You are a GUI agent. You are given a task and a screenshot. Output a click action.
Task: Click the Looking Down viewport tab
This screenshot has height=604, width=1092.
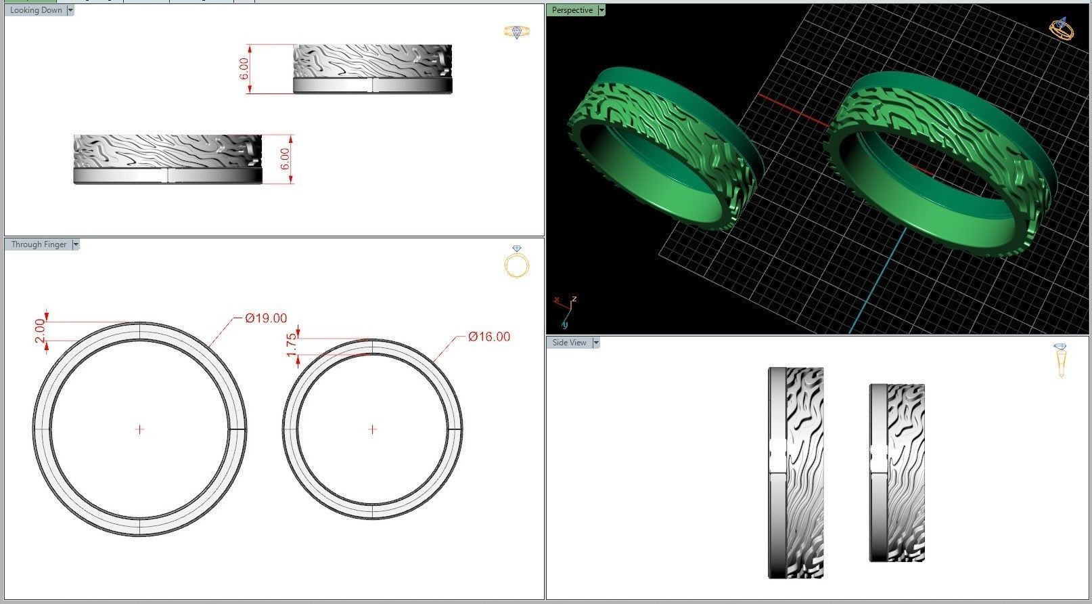[x=36, y=10]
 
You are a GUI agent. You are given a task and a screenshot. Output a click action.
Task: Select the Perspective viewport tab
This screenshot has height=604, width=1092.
[x=572, y=10]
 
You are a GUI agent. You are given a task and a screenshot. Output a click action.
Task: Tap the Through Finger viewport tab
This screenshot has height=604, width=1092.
[x=39, y=244]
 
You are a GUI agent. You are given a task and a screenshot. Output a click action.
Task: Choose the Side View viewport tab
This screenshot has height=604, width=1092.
[x=569, y=343]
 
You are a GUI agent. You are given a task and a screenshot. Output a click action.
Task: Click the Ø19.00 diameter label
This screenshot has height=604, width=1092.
[x=266, y=318]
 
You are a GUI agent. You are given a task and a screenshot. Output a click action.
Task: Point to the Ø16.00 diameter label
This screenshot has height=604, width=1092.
[x=489, y=337]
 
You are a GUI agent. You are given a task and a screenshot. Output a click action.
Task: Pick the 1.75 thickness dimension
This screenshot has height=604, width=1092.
[x=292, y=345]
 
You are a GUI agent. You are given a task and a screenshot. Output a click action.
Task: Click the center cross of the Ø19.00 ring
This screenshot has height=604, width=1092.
[x=140, y=429]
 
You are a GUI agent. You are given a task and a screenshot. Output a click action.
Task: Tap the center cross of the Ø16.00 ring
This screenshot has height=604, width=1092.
[x=372, y=429]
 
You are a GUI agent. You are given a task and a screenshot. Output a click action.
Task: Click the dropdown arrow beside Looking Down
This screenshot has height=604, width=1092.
[x=70, y=10]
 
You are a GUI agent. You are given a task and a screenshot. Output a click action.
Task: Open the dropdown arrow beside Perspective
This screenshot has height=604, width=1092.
[x=601, y=10]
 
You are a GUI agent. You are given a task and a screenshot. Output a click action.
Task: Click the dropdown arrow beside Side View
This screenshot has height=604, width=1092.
[x=596, y=343]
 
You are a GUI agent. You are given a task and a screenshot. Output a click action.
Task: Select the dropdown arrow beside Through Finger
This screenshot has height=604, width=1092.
[x=76, y=244]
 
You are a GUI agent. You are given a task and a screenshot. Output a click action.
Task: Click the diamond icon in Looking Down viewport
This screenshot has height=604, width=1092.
[x=516, y=32]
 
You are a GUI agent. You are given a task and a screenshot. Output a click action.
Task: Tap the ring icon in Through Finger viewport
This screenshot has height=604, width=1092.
[x=516, y=262]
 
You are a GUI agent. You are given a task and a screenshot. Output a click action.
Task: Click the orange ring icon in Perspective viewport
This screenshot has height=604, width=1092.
[x=1060, y=28]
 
